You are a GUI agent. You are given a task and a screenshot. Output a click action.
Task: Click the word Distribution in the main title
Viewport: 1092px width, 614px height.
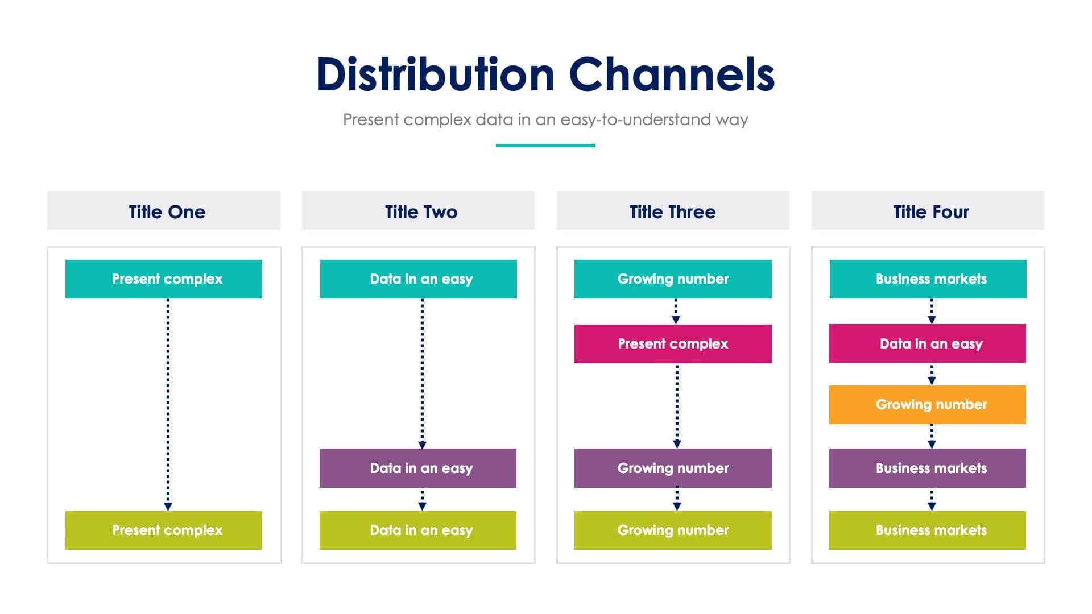point(435,74)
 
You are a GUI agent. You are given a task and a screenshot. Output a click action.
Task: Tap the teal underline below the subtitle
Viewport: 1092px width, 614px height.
point(545,146)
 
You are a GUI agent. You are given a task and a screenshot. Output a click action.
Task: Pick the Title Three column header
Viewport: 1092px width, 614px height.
point(673,211)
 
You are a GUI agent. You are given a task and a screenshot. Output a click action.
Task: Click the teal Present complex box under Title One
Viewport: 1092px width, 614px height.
point(164,279)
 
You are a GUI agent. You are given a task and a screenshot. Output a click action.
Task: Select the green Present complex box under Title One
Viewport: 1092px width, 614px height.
point(164,530)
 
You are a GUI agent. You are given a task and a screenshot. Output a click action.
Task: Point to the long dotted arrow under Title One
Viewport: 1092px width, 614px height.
point(168,404)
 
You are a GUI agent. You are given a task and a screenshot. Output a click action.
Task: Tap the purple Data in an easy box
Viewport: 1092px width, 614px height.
point(418,468)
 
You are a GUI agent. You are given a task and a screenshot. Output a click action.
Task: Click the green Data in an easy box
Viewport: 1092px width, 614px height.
point(418,530)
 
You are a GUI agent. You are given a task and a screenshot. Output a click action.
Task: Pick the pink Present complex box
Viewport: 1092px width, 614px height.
point(673,344)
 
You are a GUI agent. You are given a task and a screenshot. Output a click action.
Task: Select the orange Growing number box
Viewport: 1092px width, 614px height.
point(928,405)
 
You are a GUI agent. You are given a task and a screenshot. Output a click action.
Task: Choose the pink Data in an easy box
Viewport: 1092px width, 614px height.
point(928,343)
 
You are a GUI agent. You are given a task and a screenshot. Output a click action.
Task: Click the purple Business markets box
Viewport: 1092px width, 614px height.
point(928,468)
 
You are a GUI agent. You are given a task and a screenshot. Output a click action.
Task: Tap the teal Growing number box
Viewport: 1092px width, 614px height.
point(673,279)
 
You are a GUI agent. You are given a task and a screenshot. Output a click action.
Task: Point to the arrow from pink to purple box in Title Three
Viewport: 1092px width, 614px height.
point(677,406)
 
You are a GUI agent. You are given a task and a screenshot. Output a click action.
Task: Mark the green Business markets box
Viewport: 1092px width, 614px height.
point(928,530)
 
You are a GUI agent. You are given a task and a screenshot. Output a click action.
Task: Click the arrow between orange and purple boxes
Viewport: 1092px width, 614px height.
point(932,436)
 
